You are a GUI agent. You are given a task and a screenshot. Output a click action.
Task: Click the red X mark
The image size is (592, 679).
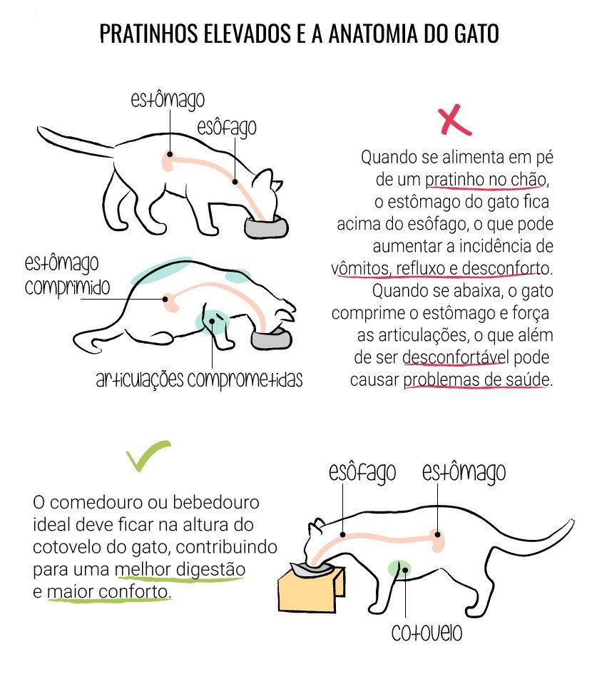[454, 121]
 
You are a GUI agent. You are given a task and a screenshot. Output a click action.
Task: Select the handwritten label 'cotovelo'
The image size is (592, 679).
[427, 633]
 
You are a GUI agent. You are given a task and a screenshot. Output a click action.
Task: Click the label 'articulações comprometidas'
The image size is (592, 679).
[199, 379]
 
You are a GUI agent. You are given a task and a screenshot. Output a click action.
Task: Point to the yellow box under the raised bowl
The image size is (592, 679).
[311, 589]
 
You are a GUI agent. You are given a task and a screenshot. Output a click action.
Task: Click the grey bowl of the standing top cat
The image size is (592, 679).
[266, 228]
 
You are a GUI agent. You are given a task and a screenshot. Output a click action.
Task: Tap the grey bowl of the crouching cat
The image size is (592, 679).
[272, 339]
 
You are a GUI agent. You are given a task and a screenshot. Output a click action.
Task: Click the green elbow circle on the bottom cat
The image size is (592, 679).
[399, 569]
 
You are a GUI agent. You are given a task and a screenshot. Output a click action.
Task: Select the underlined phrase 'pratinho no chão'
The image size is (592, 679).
[485, 180]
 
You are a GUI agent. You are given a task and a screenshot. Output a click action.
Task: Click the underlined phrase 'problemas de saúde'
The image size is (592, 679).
[476, 380]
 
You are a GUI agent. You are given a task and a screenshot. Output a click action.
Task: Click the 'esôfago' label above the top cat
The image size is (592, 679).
[227, 128]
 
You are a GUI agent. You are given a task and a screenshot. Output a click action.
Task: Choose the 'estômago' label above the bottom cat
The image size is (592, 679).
[464, 472]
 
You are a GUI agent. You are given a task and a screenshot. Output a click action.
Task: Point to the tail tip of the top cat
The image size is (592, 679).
[39, 128]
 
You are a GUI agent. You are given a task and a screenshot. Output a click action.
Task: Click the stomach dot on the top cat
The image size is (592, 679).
[170, 154]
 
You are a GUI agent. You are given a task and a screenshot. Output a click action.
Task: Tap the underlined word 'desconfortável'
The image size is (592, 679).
[456, 358]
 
